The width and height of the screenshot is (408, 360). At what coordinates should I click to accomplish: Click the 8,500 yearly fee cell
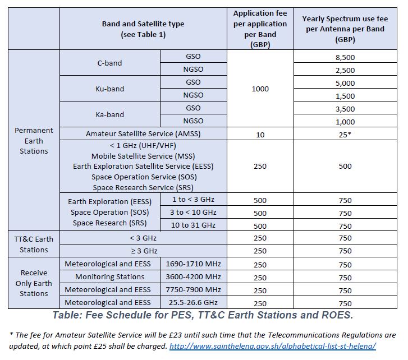[x=345, y=57]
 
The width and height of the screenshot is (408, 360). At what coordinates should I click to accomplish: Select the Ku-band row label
[x=109, y=89]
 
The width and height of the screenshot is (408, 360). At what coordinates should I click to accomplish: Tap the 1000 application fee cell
[x=260, y=89]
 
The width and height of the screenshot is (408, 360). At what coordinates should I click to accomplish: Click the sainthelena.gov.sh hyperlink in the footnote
[x=272, y=346]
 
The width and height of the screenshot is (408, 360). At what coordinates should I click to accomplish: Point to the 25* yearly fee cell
[x=345, y=134]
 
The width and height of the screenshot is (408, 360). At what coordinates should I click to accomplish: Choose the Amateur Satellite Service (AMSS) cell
[x=143, y=134]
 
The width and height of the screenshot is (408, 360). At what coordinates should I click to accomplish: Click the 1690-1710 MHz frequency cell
[x=193, y=264]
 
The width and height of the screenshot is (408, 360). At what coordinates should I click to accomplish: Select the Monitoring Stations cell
[x=110, y=277]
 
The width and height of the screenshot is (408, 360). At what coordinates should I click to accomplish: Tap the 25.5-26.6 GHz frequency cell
[x=193, y=303]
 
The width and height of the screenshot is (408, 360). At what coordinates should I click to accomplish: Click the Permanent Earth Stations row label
[x=34, y=140]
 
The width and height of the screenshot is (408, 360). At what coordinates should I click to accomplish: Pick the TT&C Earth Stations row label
[x=34, y=244]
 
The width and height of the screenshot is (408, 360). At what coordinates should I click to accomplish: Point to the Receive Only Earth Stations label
[x=34, y=283]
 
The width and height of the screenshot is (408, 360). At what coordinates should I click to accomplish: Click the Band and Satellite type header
[x=143, y=29]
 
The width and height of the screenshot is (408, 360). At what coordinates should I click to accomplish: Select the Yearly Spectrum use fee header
[x=345, y=29]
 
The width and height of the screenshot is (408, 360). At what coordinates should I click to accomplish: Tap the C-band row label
[x=109, y=63]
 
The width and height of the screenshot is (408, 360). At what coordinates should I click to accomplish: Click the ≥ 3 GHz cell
[x=143, y=251]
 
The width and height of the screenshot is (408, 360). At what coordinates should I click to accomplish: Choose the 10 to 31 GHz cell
[x=193, y=225]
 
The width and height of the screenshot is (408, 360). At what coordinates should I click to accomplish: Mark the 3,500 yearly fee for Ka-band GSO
[x=345, y=108]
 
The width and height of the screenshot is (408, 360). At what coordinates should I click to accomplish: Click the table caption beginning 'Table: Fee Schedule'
[x=203, y=316]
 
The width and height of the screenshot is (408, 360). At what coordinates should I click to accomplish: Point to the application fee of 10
[x=260, y=134]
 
